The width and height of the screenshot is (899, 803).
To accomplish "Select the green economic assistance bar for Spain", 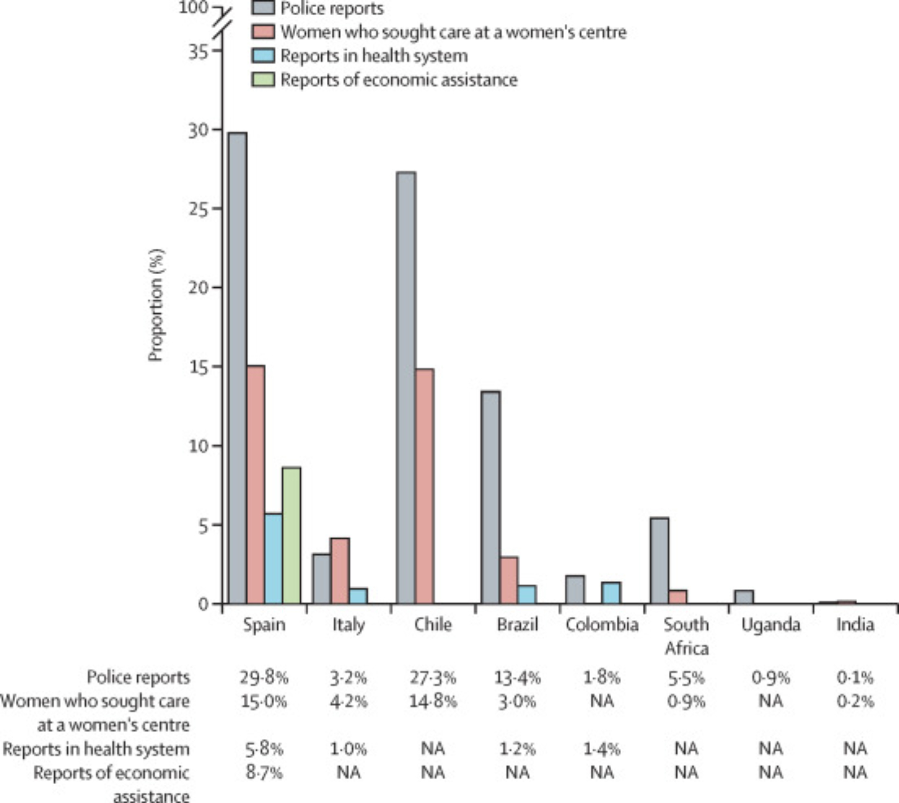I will pyautogui.click(x=291, y=535).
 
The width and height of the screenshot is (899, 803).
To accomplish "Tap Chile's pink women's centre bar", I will pyautogui.click(x=424, y=486).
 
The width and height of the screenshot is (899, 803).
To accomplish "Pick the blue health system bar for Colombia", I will pyautogui.click(x=611, y=593).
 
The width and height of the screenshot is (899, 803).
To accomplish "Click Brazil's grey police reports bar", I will pyautogui.click(x=490, y=497).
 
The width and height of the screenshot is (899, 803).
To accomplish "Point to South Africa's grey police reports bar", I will pyautogui.click(x=659, y=560).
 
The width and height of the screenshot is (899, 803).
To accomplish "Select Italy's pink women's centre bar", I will pyautogui.click(x=340, y=571).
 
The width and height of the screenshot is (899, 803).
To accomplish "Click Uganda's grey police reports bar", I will pyautogui.click(x=744, y=597).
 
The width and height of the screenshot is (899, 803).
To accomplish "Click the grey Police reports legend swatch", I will pyautogui.click(x=263, y=8).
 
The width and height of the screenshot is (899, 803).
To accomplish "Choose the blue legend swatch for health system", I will pyautogui.click(x=263, y=56).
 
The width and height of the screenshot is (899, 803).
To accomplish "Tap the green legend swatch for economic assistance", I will pyautogui.click(x=263, y=80).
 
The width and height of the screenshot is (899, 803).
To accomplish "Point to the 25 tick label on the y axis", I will pyautogui.click(x=199, y=209).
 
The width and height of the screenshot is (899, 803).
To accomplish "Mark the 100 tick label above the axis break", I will pyautogui.click(x=193, y=8).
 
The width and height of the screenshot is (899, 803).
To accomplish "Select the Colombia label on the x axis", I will pyautogui.click(x=602, y=625).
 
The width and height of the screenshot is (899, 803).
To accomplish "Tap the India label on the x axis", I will pyautogui.click(x=855, y=625).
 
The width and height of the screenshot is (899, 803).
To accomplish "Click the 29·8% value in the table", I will pyautogui.click(x=264, y=677).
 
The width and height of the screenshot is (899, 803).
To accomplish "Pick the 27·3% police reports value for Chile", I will pyautogui.click(x=432, y=677).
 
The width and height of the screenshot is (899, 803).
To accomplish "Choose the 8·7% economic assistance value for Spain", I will pyautogui.click(x=264, y=772).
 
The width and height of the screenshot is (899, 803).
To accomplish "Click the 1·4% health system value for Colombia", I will pyautogui.click(x=602, y=749).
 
